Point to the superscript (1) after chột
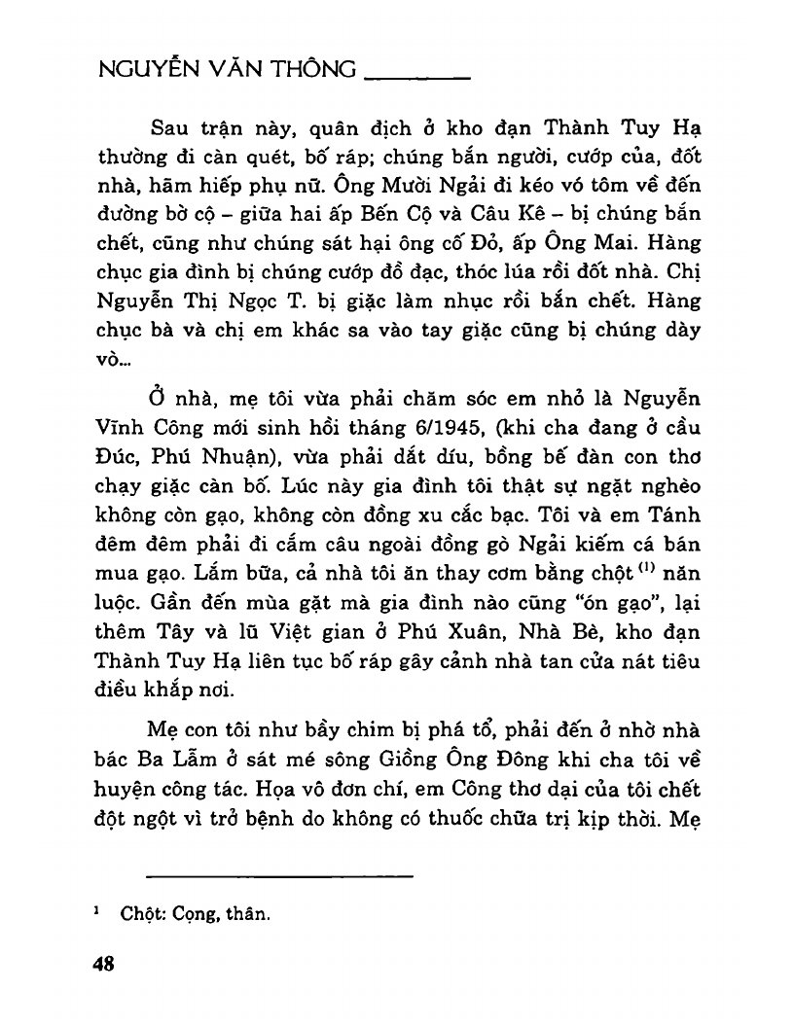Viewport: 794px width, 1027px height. tap(626, 555)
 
